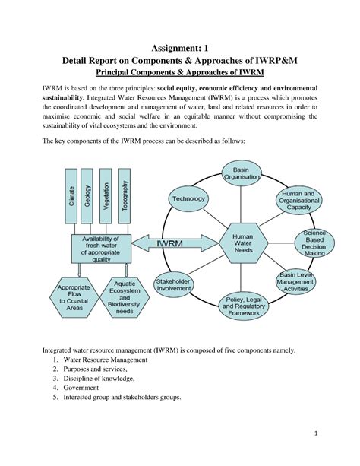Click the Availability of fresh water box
click(x=101, y=248)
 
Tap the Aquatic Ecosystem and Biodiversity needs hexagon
click(x=125, y=296)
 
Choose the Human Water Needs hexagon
click(x=242, y=244)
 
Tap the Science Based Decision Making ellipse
click(x=314, y=243)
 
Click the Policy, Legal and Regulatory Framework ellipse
click(x=244, y=305)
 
